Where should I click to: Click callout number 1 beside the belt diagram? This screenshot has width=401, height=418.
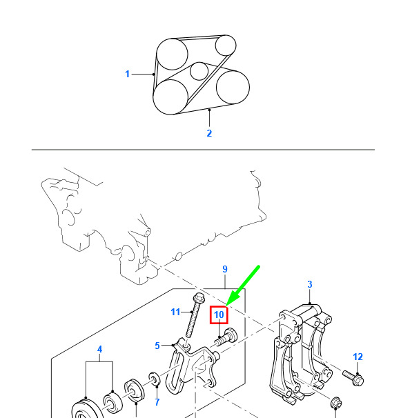pos(127,74)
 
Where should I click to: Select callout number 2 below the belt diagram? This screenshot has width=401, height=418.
pos(209,133)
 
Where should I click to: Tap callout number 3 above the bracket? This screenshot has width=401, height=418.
pos(309,284)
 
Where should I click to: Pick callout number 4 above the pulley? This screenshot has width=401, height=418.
pos(99,349)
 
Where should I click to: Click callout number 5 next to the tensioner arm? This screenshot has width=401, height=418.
pos(157,346)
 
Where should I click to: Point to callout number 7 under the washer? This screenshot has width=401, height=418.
pos(157,401)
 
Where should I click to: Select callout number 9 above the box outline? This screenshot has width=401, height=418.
pos(225,269)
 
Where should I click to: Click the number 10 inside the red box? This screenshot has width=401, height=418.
pos(219,315)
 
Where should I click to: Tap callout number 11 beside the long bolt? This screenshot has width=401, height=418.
pos(175,312)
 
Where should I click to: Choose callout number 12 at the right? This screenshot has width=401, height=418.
pos(358,357)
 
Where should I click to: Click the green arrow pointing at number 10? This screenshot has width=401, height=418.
pos(242,286)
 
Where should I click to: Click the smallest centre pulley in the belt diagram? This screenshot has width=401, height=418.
pos(199,71)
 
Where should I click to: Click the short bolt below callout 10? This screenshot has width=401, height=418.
pos(226,337)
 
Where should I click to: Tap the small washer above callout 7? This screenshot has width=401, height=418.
pos(155,378)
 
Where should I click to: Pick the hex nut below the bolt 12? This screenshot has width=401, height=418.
pos(336,402)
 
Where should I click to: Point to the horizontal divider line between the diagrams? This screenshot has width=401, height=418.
pos(203,150)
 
